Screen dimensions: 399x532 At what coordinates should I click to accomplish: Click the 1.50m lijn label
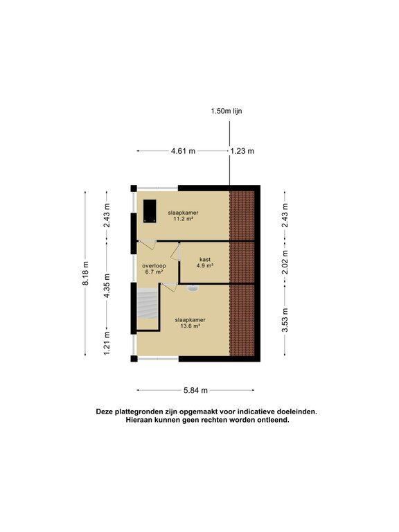click(x=227, y=111)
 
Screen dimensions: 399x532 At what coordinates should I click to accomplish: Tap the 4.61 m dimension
click(x=183, y=151)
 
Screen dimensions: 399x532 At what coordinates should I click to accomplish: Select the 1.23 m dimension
click(x=242, y=151)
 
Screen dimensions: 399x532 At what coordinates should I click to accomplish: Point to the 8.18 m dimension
click(x=85, y=273)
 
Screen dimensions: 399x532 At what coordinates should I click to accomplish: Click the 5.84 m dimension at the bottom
click(x=196, y=390)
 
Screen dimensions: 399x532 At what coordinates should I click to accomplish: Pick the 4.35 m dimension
click(x=107, y=285)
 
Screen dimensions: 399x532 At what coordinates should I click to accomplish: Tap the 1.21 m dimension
click(x=107, y=344)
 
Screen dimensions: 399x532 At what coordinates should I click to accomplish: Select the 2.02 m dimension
click(x=285, y=263)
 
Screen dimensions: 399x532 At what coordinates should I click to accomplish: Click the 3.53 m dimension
click(x=285, y=320)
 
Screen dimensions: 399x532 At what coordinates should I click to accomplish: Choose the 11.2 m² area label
click(x=183, y=219)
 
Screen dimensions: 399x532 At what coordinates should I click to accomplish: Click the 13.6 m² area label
click(x=190, y=326)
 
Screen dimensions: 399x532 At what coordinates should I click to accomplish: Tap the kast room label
click(x=205, y=260)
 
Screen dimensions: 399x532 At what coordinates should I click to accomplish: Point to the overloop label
click(x=154, y=266)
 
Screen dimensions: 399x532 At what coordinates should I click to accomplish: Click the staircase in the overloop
click(x=148, y=303)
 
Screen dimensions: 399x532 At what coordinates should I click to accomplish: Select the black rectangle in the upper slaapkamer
click(x=150, y=211)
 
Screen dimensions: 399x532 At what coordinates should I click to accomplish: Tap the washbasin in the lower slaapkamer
click(x=193, y=288)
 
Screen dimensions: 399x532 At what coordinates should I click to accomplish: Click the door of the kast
click(x=175, y=252)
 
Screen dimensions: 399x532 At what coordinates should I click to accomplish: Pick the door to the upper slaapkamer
click(x=148, y=245)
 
